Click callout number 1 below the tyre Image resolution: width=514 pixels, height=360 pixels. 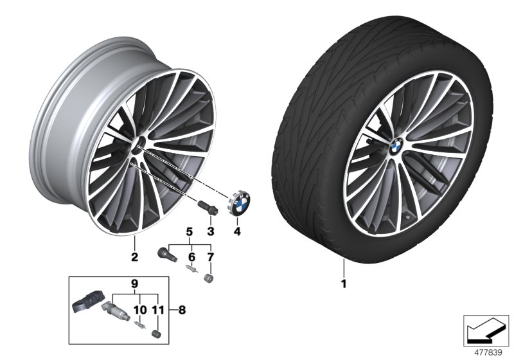coord(344,282)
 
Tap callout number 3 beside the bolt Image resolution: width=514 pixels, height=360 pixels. coord(209,231)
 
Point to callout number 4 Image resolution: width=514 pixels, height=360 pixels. coord(236,231)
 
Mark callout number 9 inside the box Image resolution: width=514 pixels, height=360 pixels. coord(134,282)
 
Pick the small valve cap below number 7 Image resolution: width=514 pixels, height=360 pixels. coord(208,278)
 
